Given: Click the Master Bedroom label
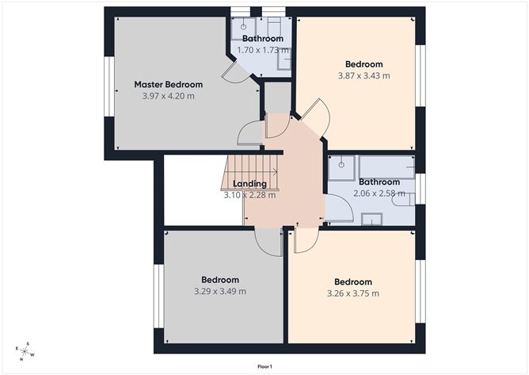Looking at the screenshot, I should (x=168, y=85).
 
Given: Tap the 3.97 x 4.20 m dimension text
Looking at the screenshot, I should (x=168, y=96).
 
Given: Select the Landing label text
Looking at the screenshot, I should (x=249, y=184).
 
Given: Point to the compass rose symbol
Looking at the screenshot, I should (x=25, y=351).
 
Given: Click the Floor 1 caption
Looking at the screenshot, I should (x=264, y=366).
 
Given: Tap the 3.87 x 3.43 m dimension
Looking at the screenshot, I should (x=363, y=76).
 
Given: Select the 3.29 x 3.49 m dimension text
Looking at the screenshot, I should (x=219, y=291).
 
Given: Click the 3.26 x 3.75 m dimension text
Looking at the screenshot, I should (x=352, y=293).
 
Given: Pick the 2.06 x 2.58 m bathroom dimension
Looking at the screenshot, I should (x=378, y=193).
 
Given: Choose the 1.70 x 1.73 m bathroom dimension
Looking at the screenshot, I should (x=262, y=50).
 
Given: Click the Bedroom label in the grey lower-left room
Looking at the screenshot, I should (x=219, y=280).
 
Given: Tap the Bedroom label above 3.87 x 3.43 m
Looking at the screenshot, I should (x=363, y=65).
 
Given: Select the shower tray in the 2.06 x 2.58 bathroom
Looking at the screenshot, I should (x=343, y=166).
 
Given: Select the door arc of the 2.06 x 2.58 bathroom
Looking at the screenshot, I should (x=337, y=209).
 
